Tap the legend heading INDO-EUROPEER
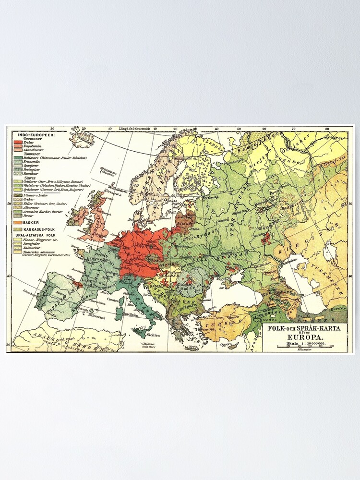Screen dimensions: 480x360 pyautogui.click(x=34, y=135)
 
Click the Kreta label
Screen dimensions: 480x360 pyautogui.click(x=192, y=347)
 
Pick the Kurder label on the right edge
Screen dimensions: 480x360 pyautogui.click(x=338, y=308)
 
